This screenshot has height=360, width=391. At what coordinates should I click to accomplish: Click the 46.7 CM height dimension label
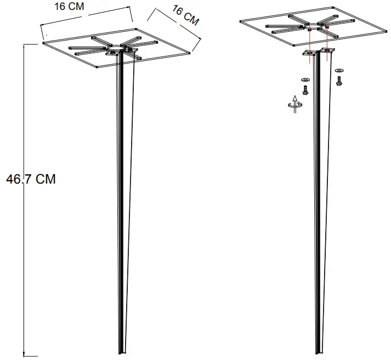(30, 179)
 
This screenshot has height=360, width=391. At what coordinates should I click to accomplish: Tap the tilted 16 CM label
(185, 15)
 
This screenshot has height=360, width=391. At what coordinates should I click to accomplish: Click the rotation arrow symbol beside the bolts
(294, 105)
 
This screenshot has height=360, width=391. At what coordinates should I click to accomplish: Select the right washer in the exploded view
(339, 71)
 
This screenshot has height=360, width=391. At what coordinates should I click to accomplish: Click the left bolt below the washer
(305, 90)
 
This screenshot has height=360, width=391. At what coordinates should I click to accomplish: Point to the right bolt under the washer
(339, 81)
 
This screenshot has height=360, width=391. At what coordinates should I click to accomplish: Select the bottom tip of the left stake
(121, 352)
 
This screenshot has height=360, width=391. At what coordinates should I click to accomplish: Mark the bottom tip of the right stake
(319, 352)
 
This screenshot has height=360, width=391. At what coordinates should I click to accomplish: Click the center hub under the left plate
(117, 50)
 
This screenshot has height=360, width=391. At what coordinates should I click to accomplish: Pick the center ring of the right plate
(317, 26)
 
